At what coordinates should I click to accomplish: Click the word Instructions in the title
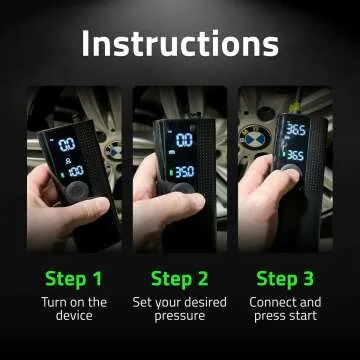180,43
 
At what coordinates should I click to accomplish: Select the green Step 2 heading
179,278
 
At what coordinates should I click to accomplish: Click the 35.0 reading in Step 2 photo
184,172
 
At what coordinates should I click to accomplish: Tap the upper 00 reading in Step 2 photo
184,141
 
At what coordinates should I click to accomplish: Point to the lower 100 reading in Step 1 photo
74,173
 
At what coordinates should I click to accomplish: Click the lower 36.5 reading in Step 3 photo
295,155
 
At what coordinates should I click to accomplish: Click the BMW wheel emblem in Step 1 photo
113,150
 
